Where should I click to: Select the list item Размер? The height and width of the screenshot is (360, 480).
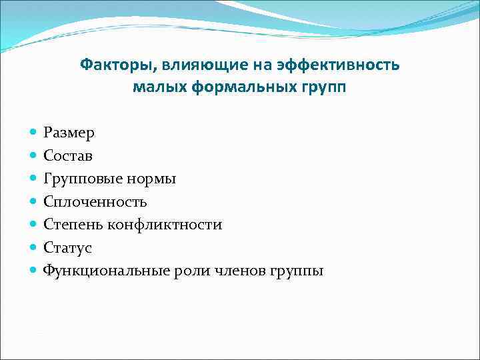click(x=69, y=133)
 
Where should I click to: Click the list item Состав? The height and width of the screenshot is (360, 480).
click(x=68, y=156)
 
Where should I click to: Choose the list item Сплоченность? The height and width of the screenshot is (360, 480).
click(x=95, y=201)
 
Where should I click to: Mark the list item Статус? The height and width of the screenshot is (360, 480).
click(x=67, y=247)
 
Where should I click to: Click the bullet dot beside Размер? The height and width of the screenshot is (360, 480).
click(x=34, y=133)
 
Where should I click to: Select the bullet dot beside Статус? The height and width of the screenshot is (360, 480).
click(x=34, y=247)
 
